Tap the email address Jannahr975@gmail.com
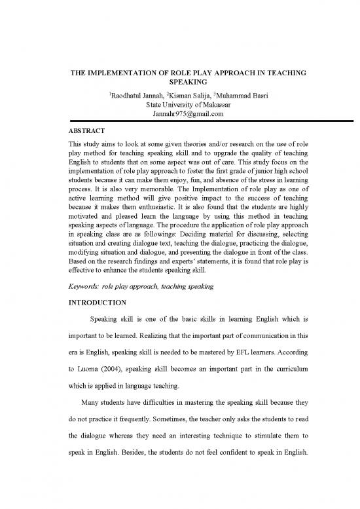(179, 113)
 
